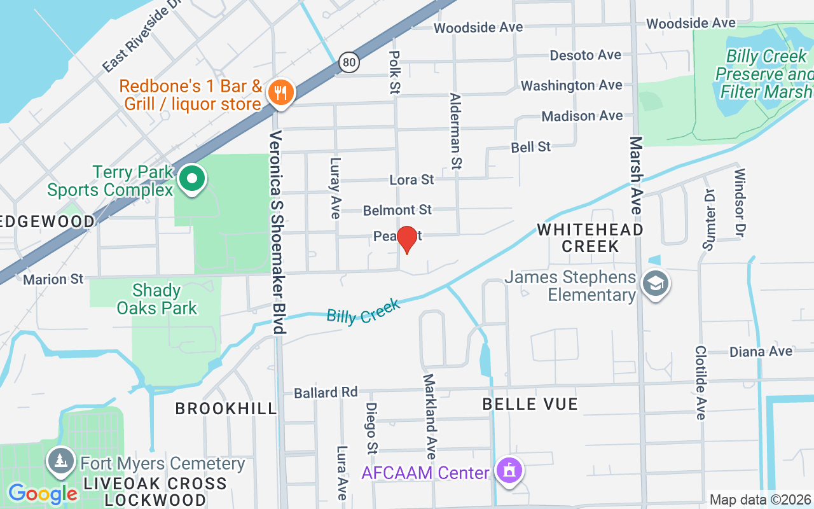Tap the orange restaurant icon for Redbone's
tap(280, 93)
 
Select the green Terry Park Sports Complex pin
tap(191, 179)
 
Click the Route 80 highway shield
tap(348, 62)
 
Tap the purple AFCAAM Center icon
tap(509, 471)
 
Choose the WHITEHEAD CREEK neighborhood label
tap(590, 237)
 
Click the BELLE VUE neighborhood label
tap(530, 404)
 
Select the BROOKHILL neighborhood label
tap(226, 408)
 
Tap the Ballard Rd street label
tap(326, 393)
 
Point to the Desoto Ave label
tap(585, 55)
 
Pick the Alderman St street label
tap(455, 131)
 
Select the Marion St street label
tap(53, 279)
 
